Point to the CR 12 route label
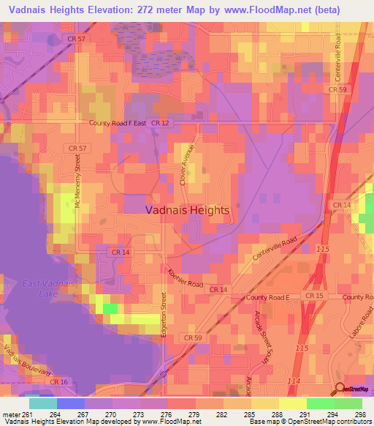tap(159, 124)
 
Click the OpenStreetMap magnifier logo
tap(340, 389)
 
